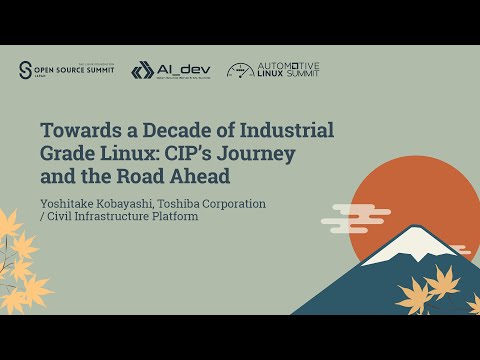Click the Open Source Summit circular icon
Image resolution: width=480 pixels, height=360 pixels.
(x=25, y=70)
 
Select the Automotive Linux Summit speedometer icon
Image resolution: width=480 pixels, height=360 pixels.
(x=240, y=70)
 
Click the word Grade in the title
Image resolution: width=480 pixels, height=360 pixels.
(x=68, y=155)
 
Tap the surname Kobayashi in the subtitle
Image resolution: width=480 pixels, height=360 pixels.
(x=136, y=203)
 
